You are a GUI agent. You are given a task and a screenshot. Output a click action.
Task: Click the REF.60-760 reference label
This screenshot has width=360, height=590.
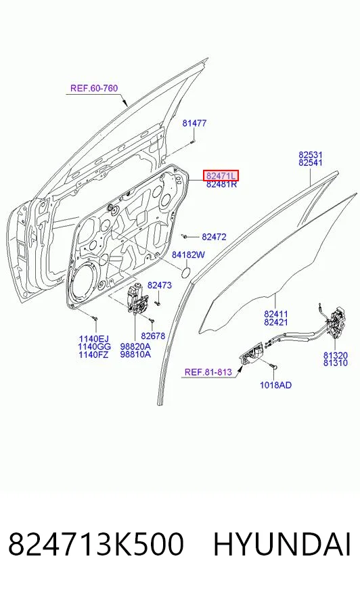tap(93, 89)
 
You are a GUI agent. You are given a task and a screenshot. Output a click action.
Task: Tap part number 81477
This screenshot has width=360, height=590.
tap(194, 123)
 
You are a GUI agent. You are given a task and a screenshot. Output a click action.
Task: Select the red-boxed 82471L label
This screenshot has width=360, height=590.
tap(221, 175)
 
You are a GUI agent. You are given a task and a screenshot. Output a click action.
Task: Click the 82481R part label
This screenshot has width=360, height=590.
tap(221, 184)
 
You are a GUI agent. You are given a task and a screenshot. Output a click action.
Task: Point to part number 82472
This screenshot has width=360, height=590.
tap(214, 237)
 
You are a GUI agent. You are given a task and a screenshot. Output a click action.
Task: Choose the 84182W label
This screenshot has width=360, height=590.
tap(189, 254)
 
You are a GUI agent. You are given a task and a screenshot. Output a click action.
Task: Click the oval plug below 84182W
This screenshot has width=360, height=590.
tap(186, 273)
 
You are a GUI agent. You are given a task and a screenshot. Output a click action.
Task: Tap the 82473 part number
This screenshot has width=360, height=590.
tap(160, 286)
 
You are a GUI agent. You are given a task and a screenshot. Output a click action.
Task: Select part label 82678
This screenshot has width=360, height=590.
tap(153, 336)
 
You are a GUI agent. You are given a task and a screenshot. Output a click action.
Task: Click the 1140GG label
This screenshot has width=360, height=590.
tap(95, 346)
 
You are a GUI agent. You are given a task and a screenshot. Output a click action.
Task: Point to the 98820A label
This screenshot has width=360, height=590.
tap(135, 346)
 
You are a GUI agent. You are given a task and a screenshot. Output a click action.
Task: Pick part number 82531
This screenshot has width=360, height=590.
tap(311, 155)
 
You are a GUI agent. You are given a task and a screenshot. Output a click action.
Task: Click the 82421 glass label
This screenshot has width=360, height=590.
tap(275, 322)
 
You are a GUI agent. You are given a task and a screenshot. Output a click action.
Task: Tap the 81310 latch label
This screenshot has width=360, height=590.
tap(336, 363)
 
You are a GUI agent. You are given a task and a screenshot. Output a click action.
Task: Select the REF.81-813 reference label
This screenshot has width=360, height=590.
tap(208, 372)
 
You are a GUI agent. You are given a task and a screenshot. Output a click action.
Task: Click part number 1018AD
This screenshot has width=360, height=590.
tap(275, 385)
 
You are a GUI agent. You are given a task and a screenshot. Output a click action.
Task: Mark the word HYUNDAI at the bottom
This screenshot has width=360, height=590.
tap(282, 545)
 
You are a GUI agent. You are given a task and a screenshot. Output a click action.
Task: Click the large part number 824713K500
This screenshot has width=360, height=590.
tap(96, 545)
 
